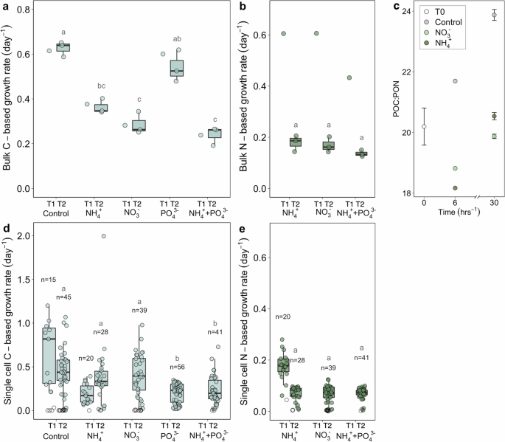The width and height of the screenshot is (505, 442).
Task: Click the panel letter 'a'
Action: point(5,7)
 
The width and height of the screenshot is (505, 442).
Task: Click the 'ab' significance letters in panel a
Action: point(176,39)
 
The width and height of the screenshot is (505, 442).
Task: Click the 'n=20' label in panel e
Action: point(283,317)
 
